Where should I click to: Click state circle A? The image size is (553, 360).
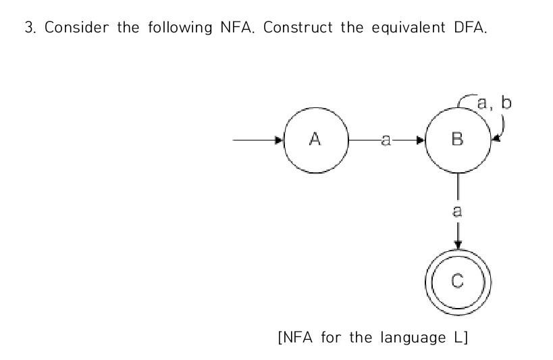point(315,140)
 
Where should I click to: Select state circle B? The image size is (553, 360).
point(458,140)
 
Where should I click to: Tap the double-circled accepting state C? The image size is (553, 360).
point(458,282)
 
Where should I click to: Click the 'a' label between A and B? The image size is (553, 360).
point(386,140)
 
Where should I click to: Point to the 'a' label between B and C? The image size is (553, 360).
point(458,210)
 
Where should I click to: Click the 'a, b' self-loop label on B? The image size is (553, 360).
point(494,103)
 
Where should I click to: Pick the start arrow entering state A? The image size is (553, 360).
point(257,140)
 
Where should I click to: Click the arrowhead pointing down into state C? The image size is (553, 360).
point(458,245)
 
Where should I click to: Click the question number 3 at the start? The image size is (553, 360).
point(28,30)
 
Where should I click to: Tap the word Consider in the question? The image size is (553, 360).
point(67,30)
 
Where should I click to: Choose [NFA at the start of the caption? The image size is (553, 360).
point(293,337)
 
